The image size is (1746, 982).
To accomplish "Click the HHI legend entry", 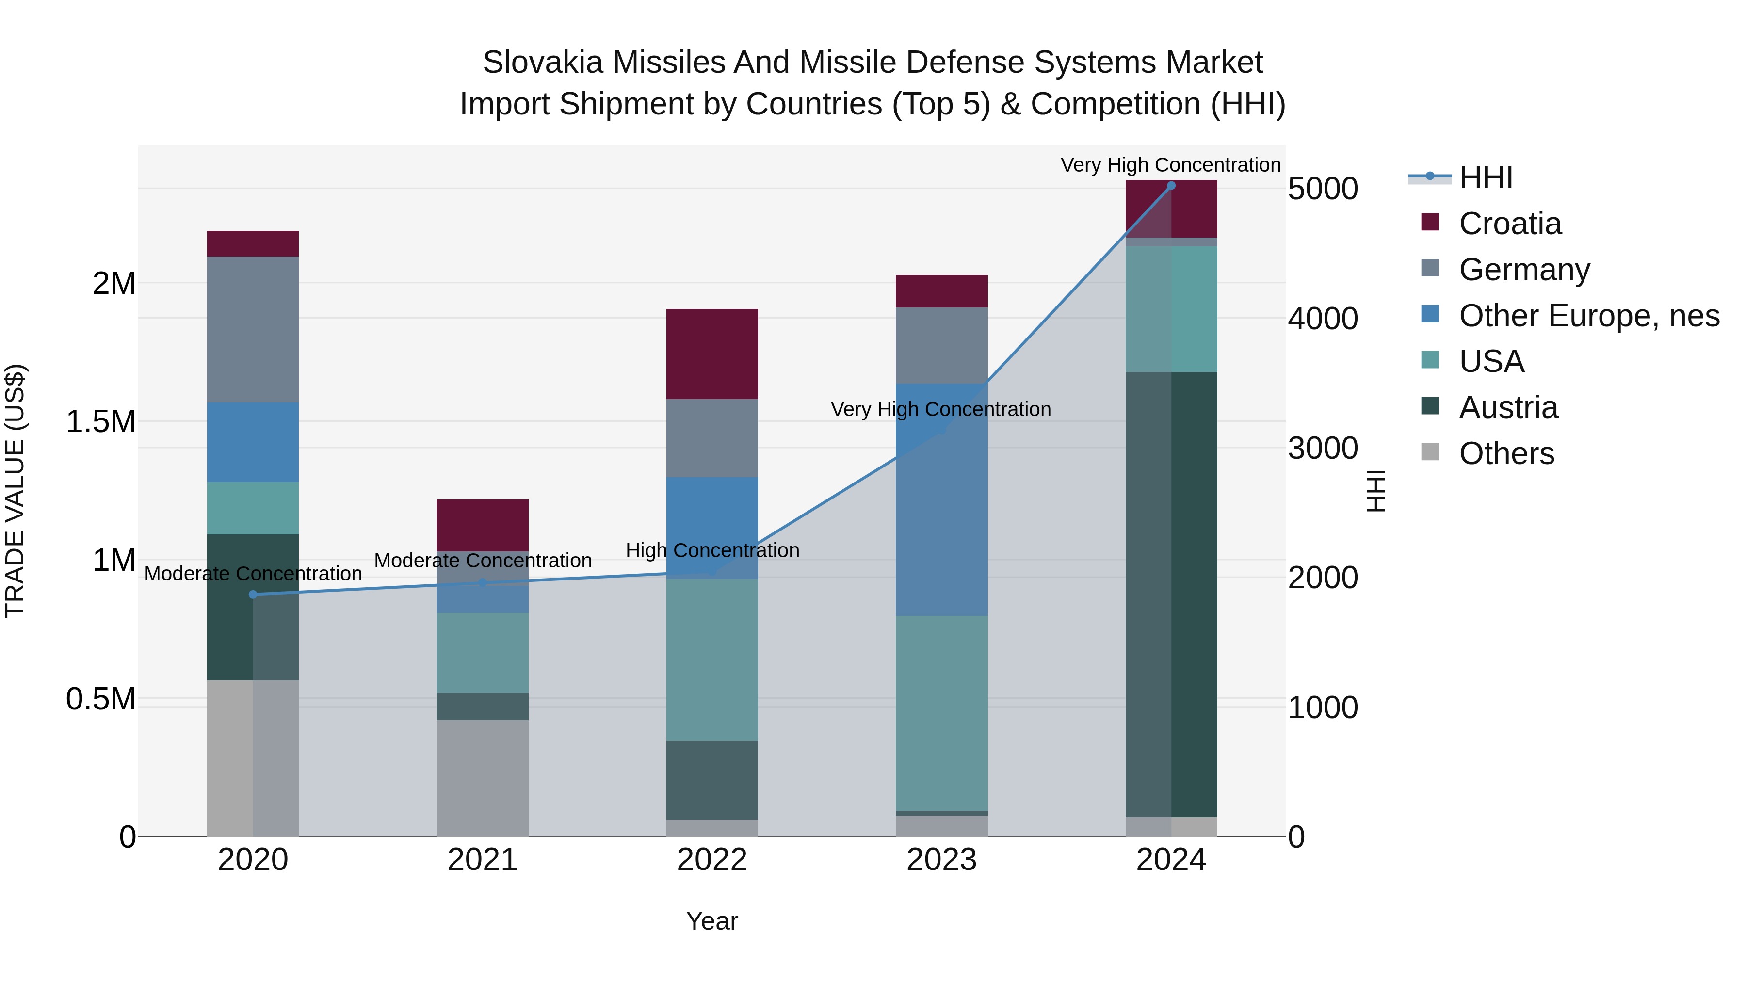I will (x=1485, y=177).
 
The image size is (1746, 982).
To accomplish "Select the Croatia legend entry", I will (x=1509, y=224).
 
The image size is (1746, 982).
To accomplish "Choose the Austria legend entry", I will (x=1508, y=407).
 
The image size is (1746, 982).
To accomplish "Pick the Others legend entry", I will (x=1506, y=453).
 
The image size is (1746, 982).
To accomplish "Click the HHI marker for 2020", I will (x=253, y=595).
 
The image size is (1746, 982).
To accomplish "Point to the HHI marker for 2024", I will (x=1171, y=186).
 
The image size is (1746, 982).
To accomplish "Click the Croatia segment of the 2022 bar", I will (x=711, y=354).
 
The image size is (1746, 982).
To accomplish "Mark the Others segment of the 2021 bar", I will (x=482, y=778).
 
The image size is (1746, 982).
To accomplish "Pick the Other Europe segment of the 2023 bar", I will (x=941, y=499).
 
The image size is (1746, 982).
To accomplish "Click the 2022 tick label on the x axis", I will (x=711, y=860).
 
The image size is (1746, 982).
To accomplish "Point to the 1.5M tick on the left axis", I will (x=100, y=421).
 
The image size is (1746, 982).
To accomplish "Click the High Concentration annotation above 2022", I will (x=711, y=550).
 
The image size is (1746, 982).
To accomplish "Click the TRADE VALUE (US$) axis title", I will (x=16, y=491).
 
